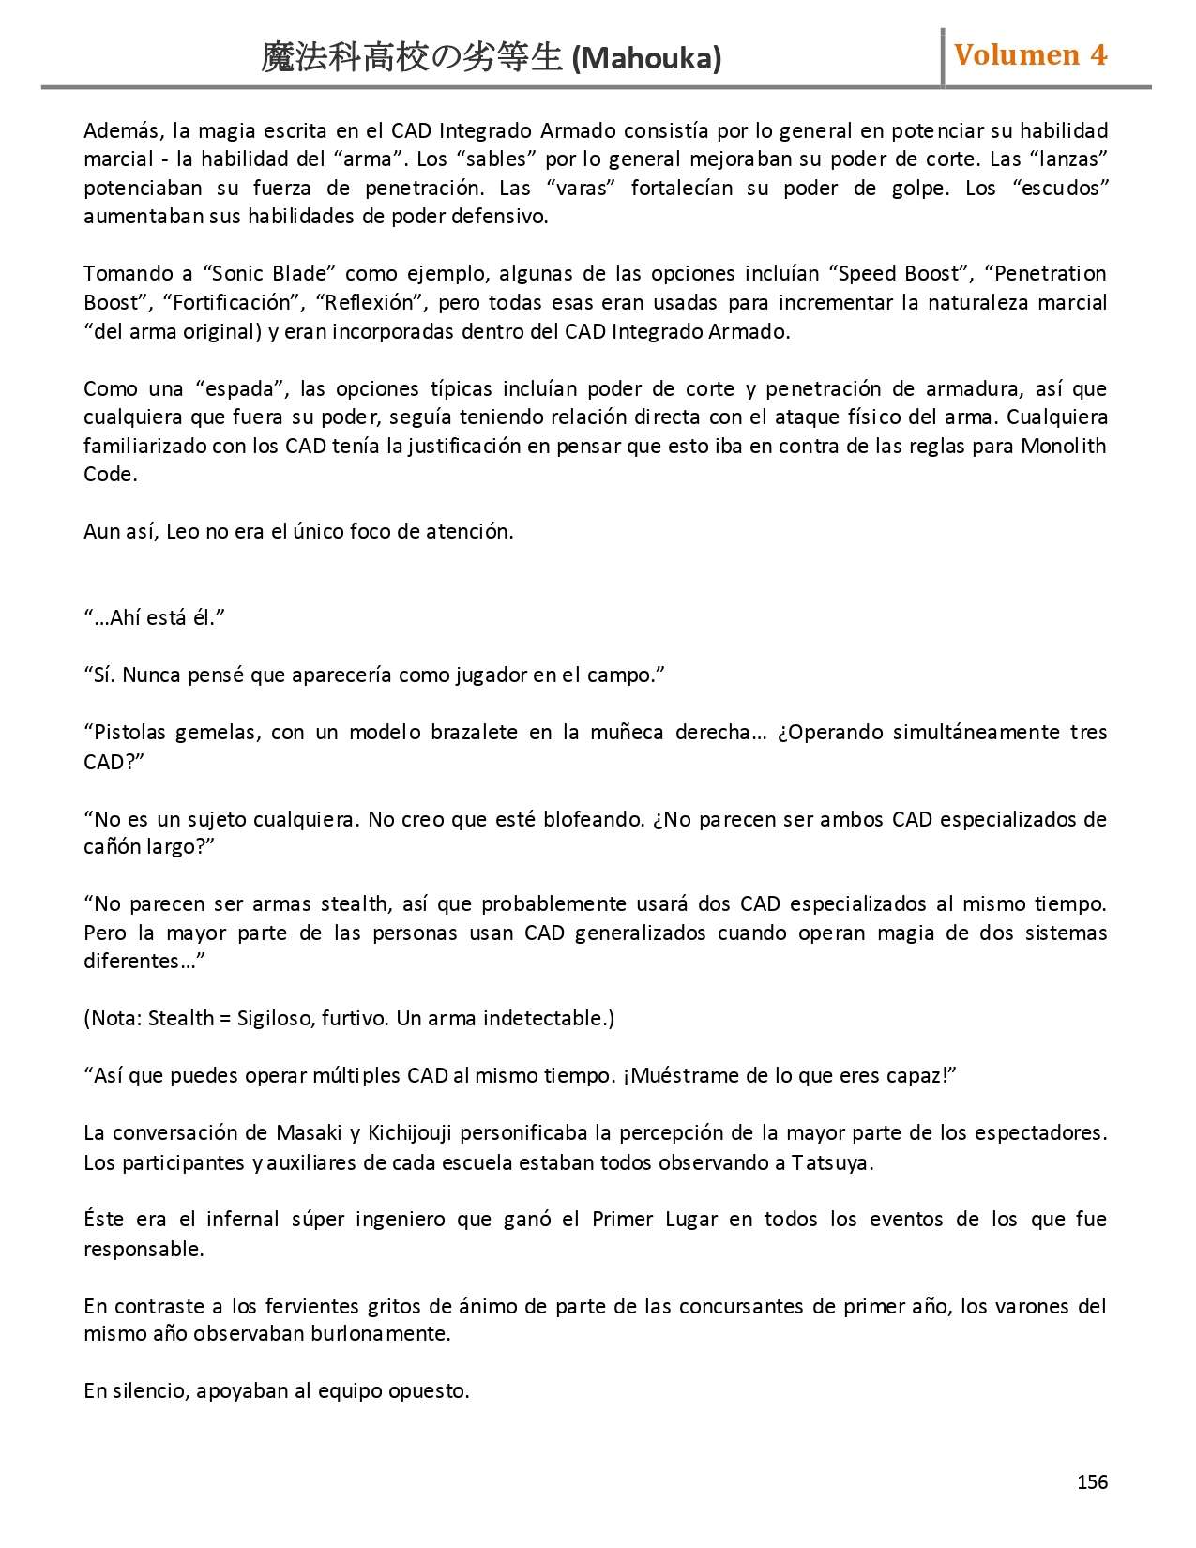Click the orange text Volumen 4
1030,55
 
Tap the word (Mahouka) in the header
646,59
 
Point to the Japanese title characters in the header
413,59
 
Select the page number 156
1092,1481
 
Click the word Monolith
1064,446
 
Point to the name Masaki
306,1133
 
